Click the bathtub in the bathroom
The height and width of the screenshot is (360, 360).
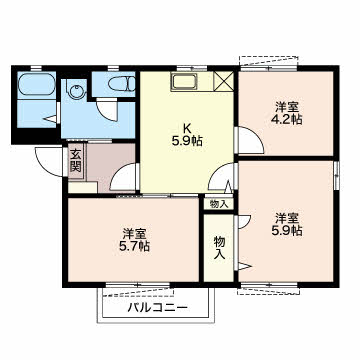[36, 85]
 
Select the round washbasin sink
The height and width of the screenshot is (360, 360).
[76, 91]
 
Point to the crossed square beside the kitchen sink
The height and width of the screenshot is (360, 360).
[223, 81]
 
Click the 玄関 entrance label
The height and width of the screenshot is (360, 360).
[76, 160]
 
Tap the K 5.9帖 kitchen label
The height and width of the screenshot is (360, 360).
[187, 135]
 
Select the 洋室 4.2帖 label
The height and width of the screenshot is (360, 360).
[287, 113]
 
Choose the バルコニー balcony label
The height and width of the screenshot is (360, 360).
[158, 307]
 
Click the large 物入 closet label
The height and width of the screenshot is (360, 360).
[219, 247]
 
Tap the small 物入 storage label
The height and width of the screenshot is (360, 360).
[219, 204]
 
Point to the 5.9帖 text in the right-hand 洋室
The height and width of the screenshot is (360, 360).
[287, 231]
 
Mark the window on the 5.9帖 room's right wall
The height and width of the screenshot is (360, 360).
[337, 174]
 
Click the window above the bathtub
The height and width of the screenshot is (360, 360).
[36, 68]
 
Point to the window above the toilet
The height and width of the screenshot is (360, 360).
[113, 68]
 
